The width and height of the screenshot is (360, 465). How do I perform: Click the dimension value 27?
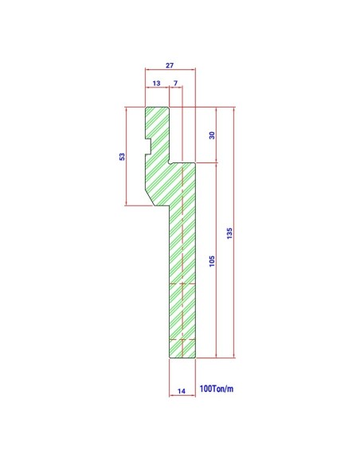click(x=170, y=65)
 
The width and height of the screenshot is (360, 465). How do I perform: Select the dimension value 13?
click(x=156, y=83)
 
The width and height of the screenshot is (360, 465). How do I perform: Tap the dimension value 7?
click(x=175, y=83)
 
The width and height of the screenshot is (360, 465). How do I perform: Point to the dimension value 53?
click(x=122, y=157)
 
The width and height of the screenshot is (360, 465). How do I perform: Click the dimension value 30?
click(x=212, y=135)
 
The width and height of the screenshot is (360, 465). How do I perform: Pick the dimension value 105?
click(x=212, y=261)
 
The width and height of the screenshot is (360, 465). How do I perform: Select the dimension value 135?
click(x=229, y=233)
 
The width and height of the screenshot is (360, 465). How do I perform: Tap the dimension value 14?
click(x=182, y=391)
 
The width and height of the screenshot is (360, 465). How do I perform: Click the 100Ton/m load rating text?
click(x=217, y=389)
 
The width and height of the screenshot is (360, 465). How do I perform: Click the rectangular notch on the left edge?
click(x=148, y=147)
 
